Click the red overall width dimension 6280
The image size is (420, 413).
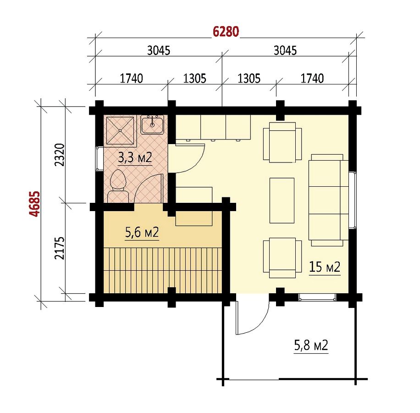226,32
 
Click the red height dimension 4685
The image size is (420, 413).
35,204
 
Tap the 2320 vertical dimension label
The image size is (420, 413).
60,155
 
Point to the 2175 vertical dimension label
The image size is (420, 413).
60,248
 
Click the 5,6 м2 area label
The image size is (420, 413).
142,232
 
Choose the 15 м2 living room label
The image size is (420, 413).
325,267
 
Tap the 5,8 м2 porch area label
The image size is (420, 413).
311,346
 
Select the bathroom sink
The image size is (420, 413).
152,125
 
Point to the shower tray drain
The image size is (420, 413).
120,131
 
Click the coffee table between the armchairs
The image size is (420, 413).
282,201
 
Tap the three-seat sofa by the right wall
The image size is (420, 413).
329,200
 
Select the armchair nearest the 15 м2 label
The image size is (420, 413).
282,258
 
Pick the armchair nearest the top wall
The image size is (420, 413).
282,142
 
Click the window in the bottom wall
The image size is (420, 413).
317,297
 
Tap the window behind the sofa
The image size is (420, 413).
353,200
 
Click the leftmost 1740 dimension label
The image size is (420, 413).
131,78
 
